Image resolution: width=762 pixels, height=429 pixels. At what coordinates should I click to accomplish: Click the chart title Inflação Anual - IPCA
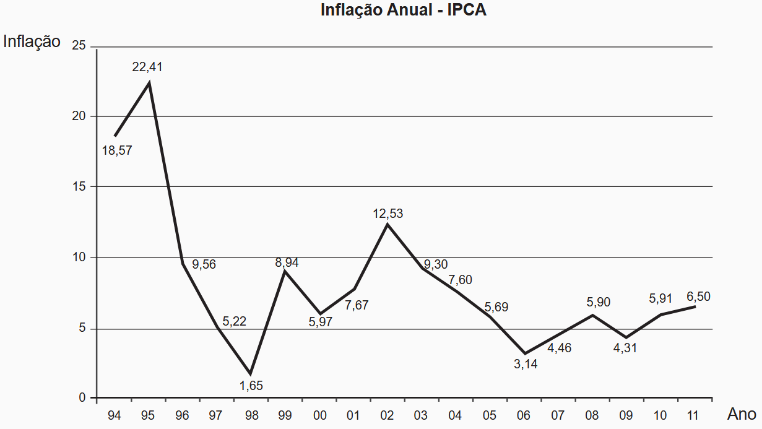pyautogui.click(x=403, y=10)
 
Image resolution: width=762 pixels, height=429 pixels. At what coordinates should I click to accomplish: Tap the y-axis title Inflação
pyautogui.click(x=32, y=41)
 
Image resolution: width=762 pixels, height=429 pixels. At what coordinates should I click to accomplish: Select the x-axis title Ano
pyautogui.click(x=741, y=414)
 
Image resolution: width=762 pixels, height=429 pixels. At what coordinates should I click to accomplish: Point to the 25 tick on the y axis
pyautogui.click(x=79, y=46)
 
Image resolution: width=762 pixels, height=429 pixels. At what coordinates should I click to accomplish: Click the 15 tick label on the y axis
pyautogui.click(x=79, y=186)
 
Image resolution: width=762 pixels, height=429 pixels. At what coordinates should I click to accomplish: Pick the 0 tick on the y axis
pyautogui.click(x=82, y=397)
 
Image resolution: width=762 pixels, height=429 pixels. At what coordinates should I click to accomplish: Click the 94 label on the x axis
pyautogui.click(x=114, y=415)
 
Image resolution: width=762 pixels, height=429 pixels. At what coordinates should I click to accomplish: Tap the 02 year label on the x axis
pyautogui.click(x=387, y=415)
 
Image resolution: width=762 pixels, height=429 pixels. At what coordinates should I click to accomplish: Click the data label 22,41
pyautogui.click(x=147, y=67)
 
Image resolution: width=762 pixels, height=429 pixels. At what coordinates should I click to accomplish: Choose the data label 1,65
pyautogui.click(x=251, y=386)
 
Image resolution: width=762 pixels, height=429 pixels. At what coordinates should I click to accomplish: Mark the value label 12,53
pyautogui.click(x=388, y=214)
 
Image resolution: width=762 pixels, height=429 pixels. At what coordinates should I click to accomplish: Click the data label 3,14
pyautogui.click(x=526, y=365)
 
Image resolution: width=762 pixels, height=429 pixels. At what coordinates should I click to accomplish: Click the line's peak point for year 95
pyautogui.click(x=149, y=82)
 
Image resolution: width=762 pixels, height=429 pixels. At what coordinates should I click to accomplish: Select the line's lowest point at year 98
pyautogui.click(x=250, y=374)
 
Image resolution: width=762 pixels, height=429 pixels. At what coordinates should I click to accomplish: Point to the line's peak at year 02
pyautogui.click(x=387, y=223)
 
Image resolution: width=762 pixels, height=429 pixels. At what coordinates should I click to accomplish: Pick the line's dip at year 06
pyautogui.click(x=525, y=353)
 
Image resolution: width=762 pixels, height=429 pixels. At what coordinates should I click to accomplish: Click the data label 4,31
pyautogui.click(x=625, y=348)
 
